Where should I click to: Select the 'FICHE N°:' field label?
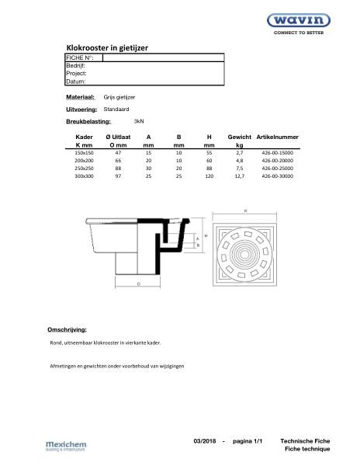coord(80,58)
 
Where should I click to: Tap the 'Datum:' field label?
coord(75,81)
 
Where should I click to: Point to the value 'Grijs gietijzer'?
coord(119,99)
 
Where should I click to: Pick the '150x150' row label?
coord(83,154)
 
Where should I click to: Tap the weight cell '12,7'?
coord(239,177)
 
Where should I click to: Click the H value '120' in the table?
coord(209,177)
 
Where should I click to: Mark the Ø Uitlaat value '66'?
coord(117,162)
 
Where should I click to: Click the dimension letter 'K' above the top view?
coord(245,210)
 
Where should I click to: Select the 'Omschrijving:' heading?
coord(67,329)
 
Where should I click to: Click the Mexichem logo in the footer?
coord(67,446)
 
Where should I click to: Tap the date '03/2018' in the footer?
coord(206,441)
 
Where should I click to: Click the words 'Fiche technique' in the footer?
coord(306,450)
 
